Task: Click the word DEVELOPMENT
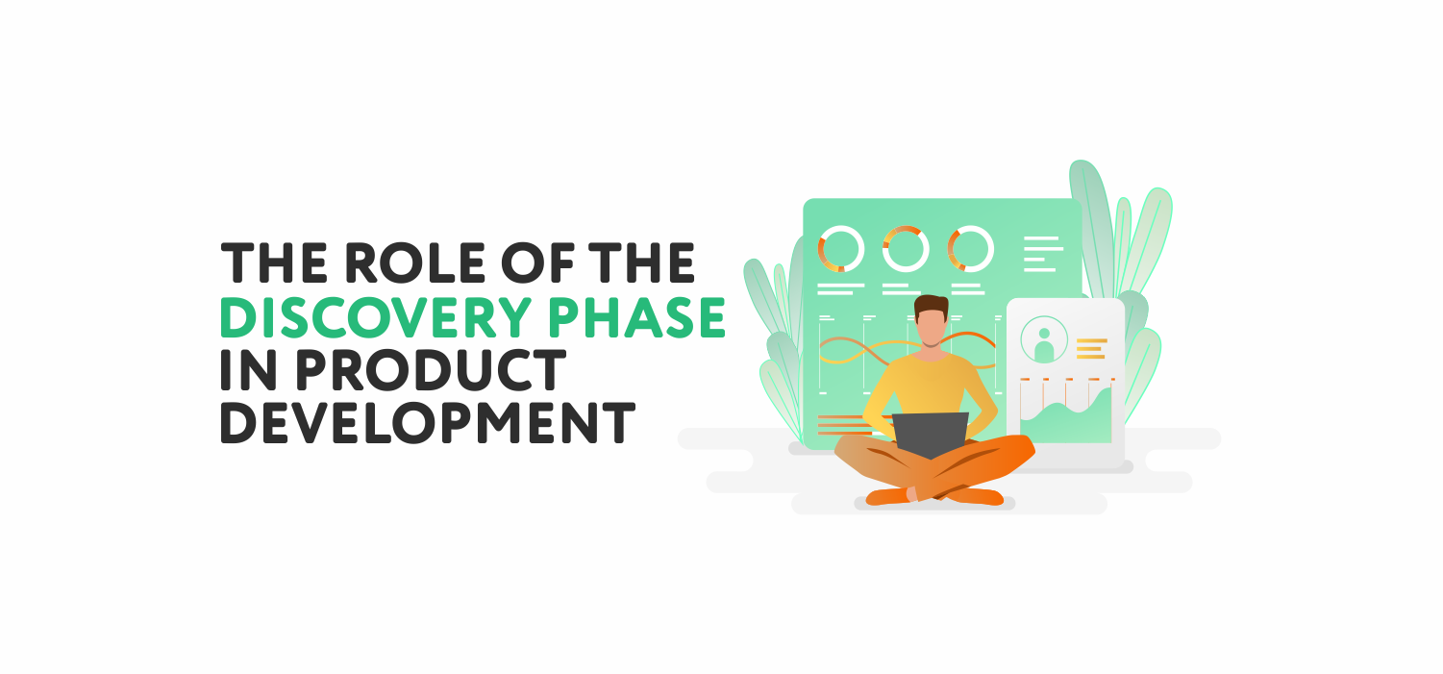[x=428, y=422]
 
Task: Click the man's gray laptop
[x=930, y=435]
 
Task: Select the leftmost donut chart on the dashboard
[x=841, y=249]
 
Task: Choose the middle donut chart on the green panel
[x=906, y=249]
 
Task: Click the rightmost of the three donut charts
[x=970, y=249]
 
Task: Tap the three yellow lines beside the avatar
[x=1091, y=348]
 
